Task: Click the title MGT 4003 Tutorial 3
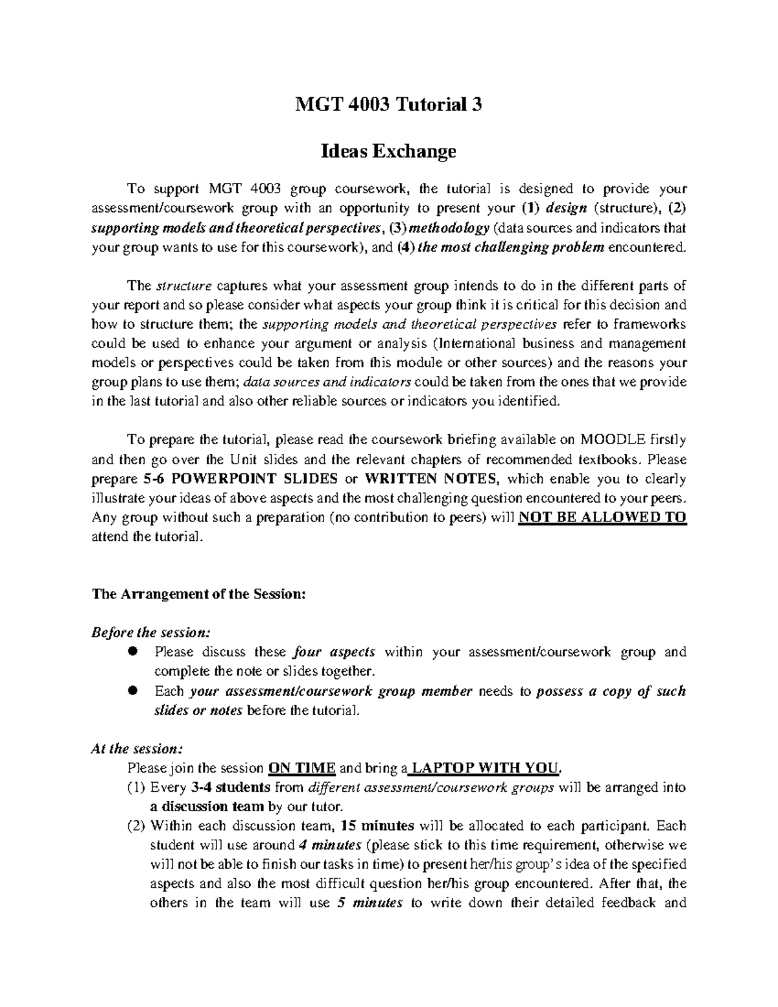pyautogui.click(x=388, y=104)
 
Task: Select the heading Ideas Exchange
pyautogui.click(x=388, y=151)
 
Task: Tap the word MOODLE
pyautogui.click(x=613, y=440)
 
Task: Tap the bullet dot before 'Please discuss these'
pyautogui.click(x=134, y=652)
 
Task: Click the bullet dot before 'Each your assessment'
pyautogui.click(x=134, y=691)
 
